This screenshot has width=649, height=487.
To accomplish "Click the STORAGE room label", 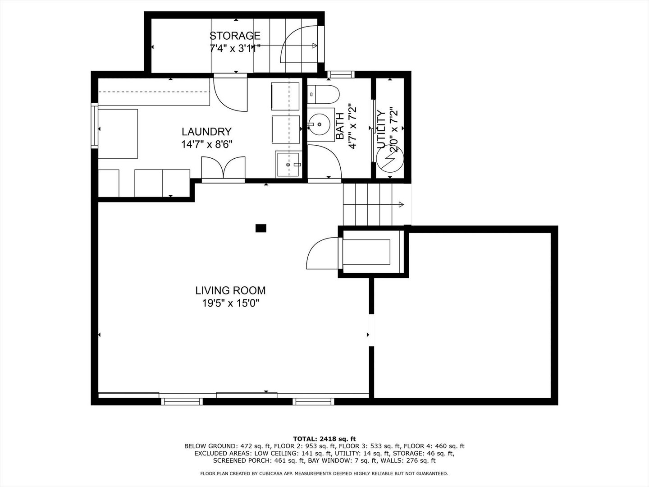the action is click(235, 36).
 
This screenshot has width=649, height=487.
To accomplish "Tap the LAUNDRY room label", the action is click(206, 132).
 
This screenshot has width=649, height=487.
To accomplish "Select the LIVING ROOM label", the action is click(230, 290).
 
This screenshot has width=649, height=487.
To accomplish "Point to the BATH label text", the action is click(340, 126).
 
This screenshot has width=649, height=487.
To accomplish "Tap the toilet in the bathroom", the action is click(323, 94).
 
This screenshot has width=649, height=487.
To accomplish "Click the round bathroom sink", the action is click(320, 125).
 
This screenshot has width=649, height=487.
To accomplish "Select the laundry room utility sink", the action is click(288, 165).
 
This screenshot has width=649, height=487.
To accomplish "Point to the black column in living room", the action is click(261, 228).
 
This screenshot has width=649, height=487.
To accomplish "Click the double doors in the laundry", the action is click(223, 167).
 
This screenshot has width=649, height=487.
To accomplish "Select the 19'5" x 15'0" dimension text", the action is click(230, 303).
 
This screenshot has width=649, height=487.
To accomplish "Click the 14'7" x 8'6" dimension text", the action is click(206, 144).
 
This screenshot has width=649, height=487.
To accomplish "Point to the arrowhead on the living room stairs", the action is click(401, 204).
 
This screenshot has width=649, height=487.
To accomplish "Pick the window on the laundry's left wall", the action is click(94, 126).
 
